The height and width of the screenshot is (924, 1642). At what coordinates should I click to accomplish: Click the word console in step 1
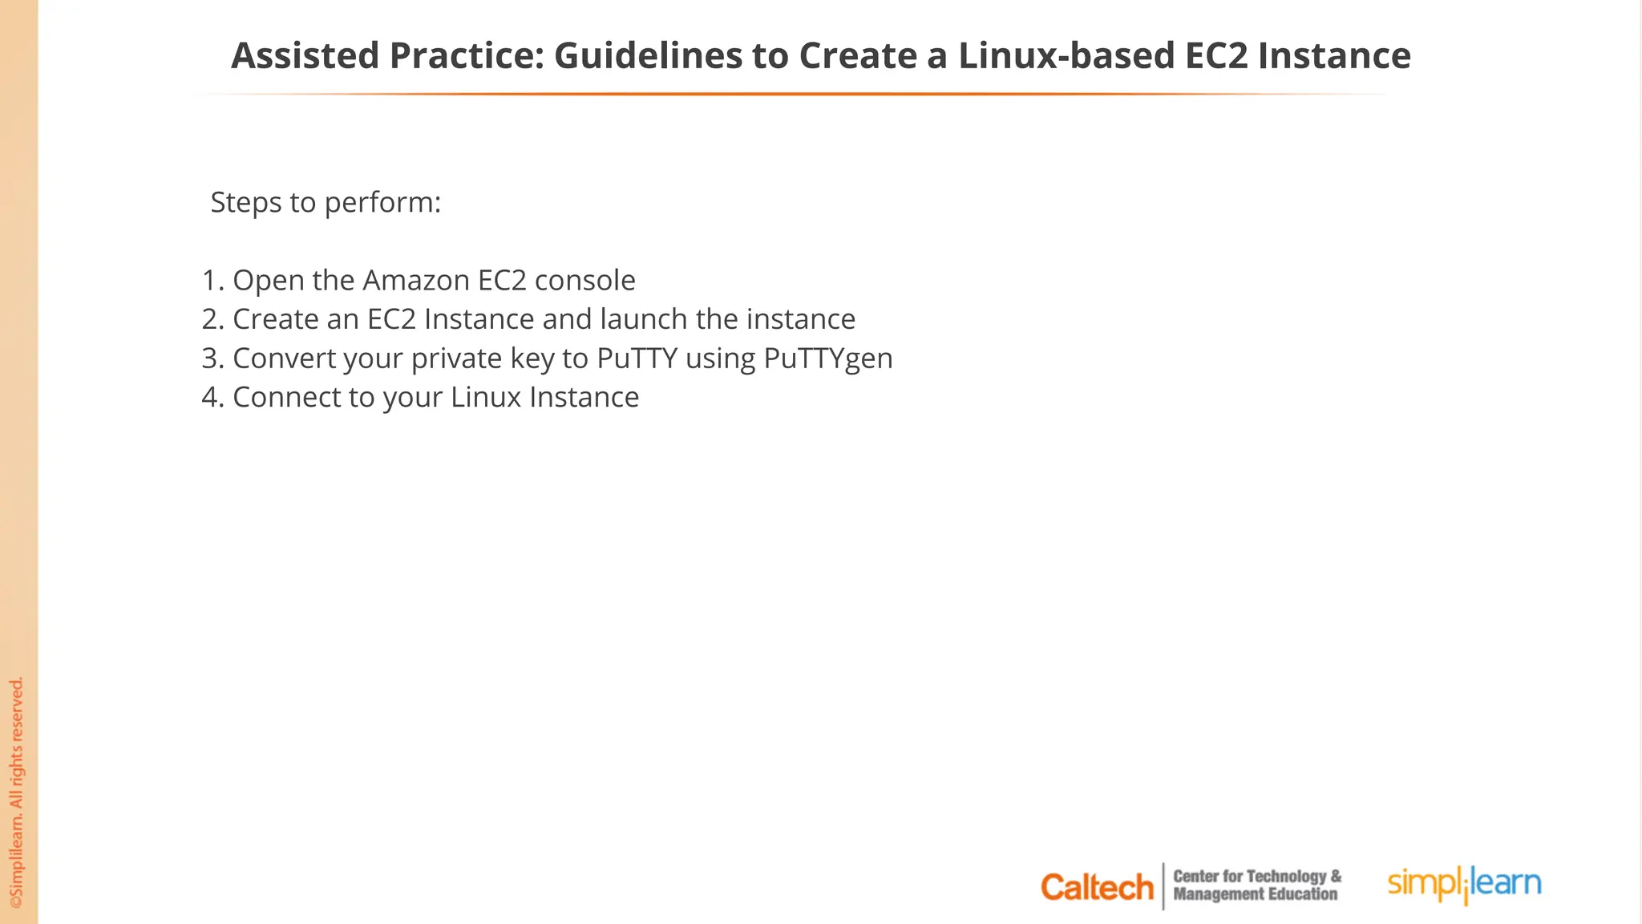click(x=584, y=281)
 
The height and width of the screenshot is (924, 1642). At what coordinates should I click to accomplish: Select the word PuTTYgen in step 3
click(x=827, y=359)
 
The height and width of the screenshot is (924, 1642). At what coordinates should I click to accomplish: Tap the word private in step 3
click(x=456, y=359)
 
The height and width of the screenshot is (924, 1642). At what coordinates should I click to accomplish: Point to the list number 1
click(x=211, y=281)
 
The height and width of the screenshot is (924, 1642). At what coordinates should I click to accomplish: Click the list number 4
click(x=211, y=398)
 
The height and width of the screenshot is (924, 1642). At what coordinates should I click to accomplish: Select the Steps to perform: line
click(x=326, y=203)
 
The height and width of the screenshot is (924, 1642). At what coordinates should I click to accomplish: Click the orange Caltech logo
click(x=1097, y=887)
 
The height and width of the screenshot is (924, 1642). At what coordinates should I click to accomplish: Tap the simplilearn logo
click(x=1464, y=884)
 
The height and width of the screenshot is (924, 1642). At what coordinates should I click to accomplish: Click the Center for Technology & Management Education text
click(x=1256, y=885)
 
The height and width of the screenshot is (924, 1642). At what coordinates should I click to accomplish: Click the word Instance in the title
click(x=1334, y=56)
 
